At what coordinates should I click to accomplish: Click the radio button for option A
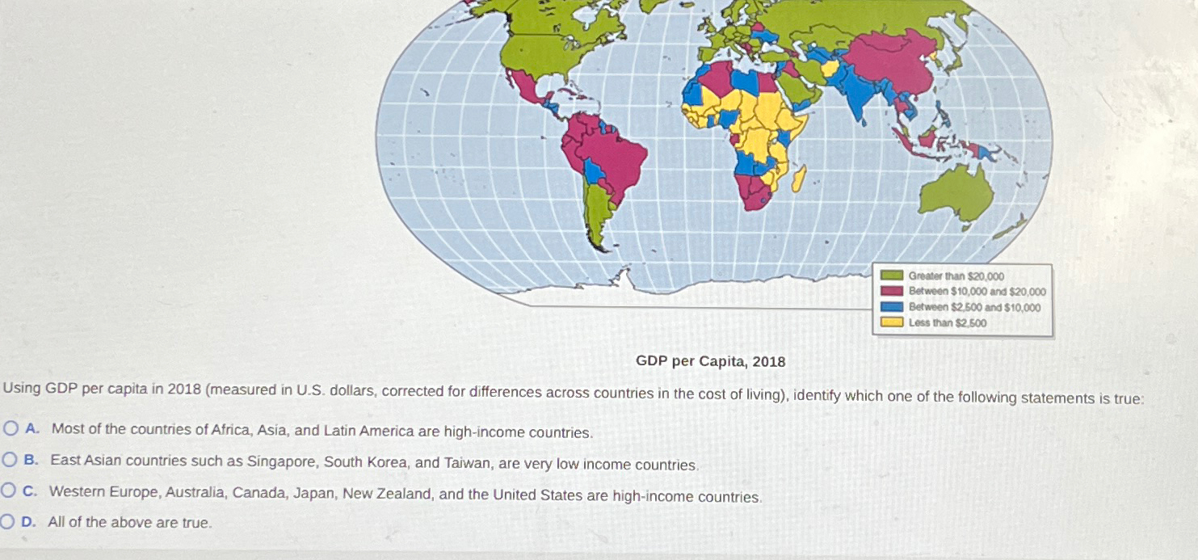tap(10, 428)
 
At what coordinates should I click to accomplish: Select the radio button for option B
tap(9, 460)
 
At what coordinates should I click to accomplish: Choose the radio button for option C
tap(9, 491)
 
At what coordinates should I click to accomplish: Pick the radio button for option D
tap(7, 522)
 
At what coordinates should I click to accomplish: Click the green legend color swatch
tap(891, 276)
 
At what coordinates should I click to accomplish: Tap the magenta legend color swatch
tap(891, 291)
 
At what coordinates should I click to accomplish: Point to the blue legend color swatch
tap(891, 307)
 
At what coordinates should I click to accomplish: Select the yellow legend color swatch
tap(891, 322)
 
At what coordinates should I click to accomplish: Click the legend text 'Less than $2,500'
tap(947, 323)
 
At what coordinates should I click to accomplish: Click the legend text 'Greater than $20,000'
tap(956, 276)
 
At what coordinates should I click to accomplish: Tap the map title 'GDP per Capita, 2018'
tap(710, 361)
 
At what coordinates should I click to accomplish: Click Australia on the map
tap(958, 195)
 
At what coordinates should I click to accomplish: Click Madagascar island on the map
tap(799, 179)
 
